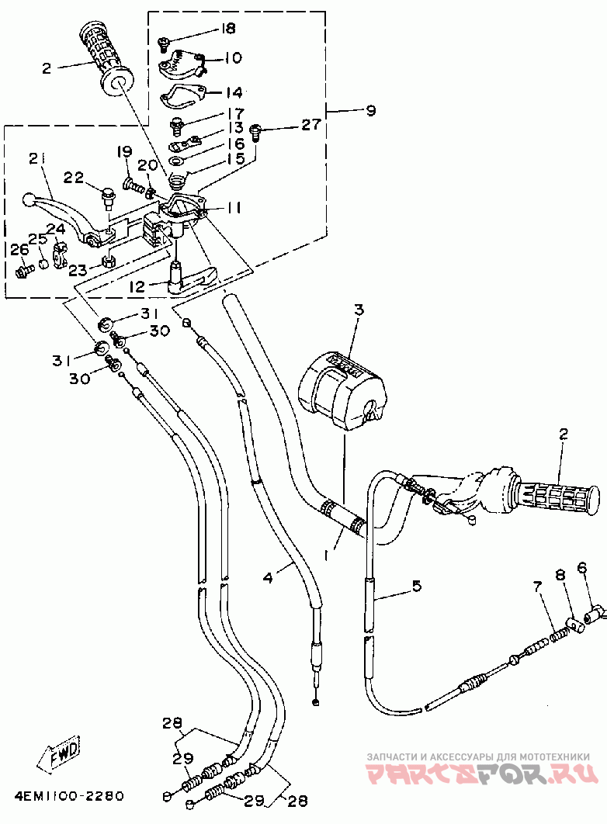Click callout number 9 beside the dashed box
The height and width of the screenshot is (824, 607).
click(x=371, y=111)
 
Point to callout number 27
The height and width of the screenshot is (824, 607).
click(x=310, y=125)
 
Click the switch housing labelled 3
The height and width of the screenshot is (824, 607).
click(x=342, y=389)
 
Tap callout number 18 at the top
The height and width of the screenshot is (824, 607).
click(x=228, y=29)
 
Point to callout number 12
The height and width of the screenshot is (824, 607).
click(x=137, y=287)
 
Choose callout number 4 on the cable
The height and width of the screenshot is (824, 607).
click(x=268, y=578)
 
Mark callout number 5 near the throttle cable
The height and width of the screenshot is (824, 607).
click(x=417, y=585)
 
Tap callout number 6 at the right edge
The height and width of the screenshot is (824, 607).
click(x=581, y=568)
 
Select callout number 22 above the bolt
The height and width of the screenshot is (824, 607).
click(x=74, y=178)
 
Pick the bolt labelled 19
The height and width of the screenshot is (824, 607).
click(x=133, y=185)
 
